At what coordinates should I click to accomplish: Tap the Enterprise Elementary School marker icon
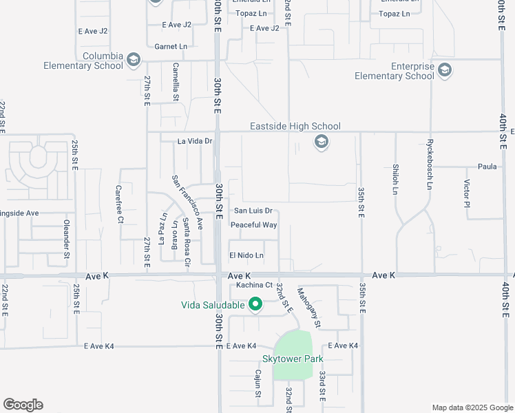coord(445,70)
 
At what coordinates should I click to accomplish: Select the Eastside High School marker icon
coord(320,142)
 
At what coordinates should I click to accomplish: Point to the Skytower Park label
coord(293,359)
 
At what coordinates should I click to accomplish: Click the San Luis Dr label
coord(253,211)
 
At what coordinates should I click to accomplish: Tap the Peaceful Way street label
coord(253,225)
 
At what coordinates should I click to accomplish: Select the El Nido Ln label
coord(246,255)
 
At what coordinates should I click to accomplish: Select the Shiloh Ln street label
coord(395,179)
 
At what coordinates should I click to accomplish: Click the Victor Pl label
coord(466,194)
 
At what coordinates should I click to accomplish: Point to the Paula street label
coord(487,167)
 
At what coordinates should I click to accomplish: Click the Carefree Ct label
coord(119,204)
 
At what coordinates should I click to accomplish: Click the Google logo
coord(23,405)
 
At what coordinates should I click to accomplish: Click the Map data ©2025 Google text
coord(472,407)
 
